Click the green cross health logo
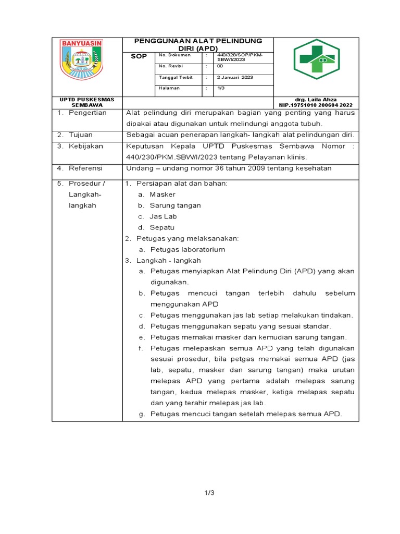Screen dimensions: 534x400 pyautogui.click(x=316, y=62)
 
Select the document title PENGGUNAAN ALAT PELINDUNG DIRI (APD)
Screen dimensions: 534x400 pyautogui.click(x=198, y=44)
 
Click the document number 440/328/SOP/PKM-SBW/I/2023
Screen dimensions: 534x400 pyautogui.click(x=242, y=57)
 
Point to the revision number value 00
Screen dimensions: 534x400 pyautogui.click(x=220, y=66)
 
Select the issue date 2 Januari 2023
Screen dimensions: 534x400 pyautogui.click(x=234, y=78)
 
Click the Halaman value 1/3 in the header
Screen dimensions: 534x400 pyautogui.click(x=221, y=88)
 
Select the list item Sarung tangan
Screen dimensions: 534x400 pyautogui.click(x=175, y=205)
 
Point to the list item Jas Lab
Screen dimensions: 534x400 pyautogui.click(x=163, y=216)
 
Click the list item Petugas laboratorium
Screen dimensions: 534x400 pyautogui.click(x=187, y=250)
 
